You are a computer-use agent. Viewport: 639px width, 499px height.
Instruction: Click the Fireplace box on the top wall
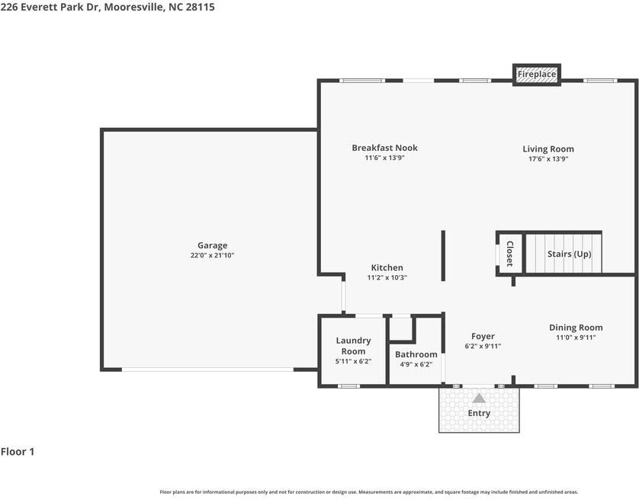537,75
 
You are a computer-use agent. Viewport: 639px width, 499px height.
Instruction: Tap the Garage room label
213,245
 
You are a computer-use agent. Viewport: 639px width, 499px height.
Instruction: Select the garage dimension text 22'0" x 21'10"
213,256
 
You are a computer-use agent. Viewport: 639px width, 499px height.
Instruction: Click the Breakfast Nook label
384,148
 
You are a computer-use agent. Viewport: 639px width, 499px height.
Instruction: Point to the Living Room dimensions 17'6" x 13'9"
548,159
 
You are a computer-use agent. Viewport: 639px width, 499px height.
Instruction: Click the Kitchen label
387,267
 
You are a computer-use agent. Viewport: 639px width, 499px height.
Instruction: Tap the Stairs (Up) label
569,254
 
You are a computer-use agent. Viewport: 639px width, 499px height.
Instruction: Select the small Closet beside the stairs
509,254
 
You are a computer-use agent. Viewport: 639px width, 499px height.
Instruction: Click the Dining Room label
576,328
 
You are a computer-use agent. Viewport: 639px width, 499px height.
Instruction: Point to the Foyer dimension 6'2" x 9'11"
483,346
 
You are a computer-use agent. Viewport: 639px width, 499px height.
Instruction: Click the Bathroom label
416,354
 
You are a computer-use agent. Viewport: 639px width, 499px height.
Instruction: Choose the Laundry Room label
353,346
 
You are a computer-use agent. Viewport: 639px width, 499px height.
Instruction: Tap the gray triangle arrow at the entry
479,398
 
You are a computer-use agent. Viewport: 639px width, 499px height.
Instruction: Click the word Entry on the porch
479,413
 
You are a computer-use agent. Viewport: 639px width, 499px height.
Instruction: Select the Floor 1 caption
18,452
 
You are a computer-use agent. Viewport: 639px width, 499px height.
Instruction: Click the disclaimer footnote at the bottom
368,492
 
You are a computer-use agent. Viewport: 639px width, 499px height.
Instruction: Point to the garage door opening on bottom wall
207,369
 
